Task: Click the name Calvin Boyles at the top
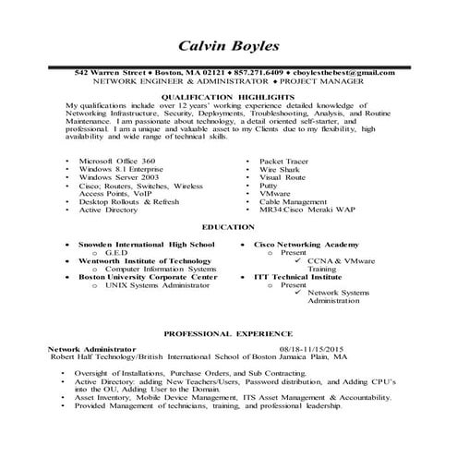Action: (x=227, y=48)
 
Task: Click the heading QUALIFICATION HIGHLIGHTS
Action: (x=227, y=96)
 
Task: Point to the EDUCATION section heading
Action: (x=228, y=227)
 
